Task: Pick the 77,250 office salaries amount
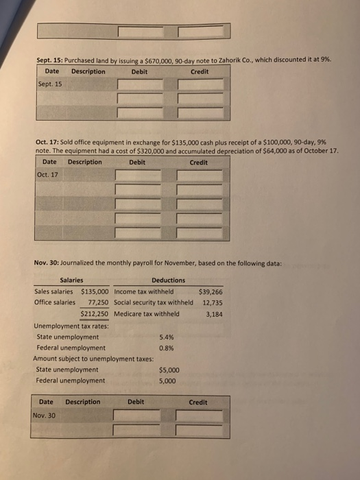pyautogui.click(x=96, y=302)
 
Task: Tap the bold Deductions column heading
pyautogui.click(x=168, y=280)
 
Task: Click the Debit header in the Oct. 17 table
pyautogui.click(x=136, y=162)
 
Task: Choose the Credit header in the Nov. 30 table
pyautogui.click(x=197, y=402)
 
